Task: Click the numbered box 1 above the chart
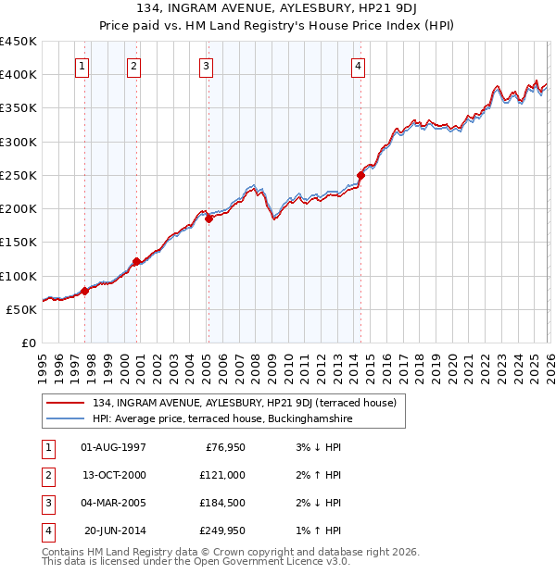point(83,66)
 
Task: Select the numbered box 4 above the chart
point(358,66)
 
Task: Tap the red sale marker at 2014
point(360,175)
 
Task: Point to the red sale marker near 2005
point(208,219)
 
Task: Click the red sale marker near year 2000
point(136,261)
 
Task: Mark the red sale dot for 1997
point(84,291)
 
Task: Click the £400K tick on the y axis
point(19,75)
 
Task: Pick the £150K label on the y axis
point(19,243)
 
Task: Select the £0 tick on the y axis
point(28,343)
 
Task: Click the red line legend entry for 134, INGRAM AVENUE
point(244,403)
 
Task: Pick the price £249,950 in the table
point(221,530)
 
